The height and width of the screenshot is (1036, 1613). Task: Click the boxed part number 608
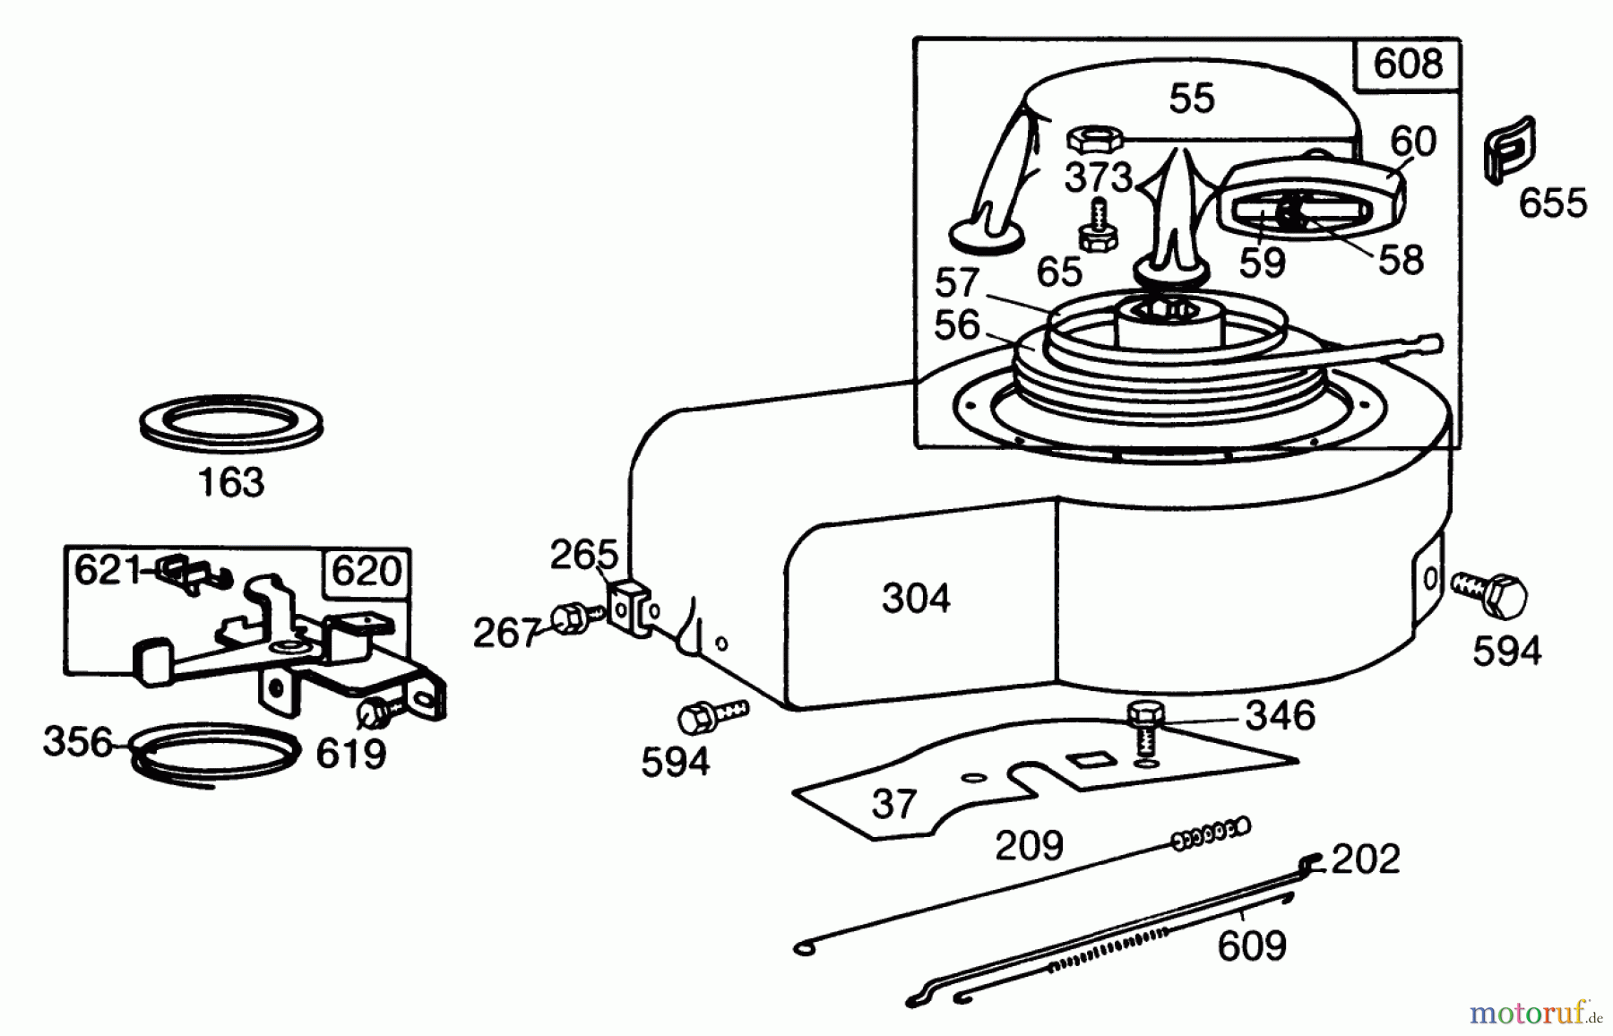(x=1408, y=65)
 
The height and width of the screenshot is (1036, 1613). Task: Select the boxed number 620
(x=366, y=571)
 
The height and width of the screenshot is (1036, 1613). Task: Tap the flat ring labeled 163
(x=231, y=419)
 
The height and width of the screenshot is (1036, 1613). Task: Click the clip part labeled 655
(x=1509, y=149)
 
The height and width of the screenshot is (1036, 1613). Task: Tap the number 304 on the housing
(x=916, y=598)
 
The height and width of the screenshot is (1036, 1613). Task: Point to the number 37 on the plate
(x=893, y=803)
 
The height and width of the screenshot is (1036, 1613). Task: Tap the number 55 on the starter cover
(x=1192, y=99)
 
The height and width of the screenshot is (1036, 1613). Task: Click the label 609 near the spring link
(x=1252, y=945)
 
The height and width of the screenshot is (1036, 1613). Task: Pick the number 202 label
(x=1365, y=859)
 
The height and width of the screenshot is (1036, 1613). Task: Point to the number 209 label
(x=1029, y=844)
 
